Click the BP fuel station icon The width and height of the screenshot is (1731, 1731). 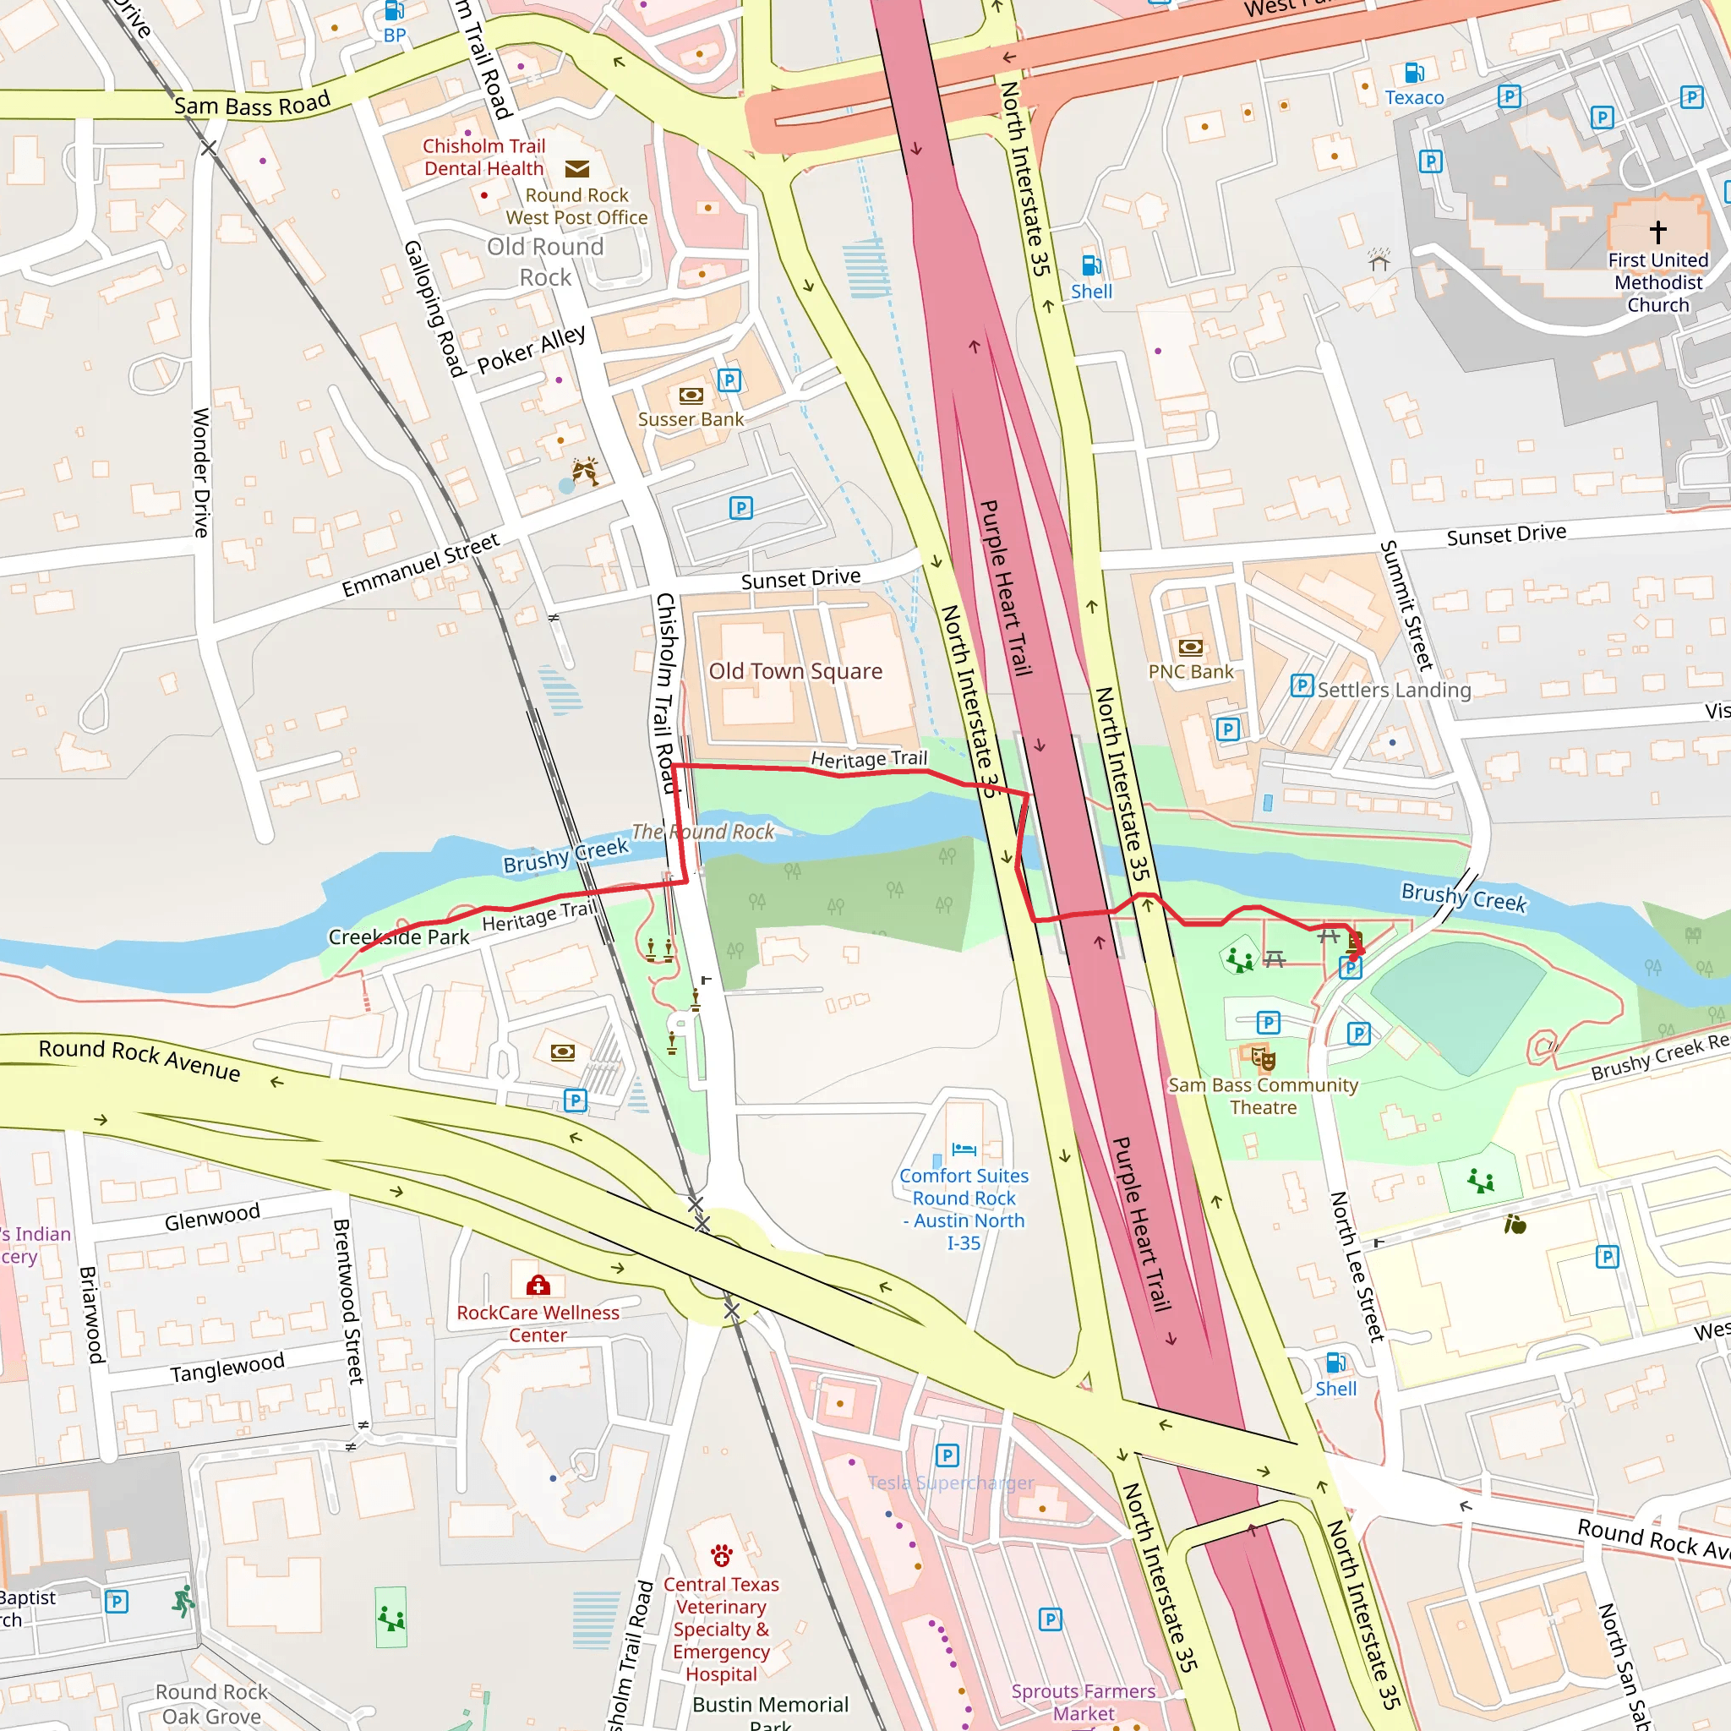(394, 11)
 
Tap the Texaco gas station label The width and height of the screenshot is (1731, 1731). (1414, 98)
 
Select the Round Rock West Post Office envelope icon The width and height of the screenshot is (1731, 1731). (577, 168)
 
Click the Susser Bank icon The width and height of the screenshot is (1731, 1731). (691, 395)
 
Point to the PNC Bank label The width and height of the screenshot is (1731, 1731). (1190, 671)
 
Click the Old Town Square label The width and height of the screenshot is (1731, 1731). (795, 671)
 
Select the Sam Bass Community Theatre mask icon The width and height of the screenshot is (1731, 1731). (1264, 1060)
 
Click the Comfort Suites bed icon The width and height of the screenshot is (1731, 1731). (964, 1149)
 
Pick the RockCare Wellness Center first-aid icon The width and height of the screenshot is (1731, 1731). (538, 1286)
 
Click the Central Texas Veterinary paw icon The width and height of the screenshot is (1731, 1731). (721, 1554)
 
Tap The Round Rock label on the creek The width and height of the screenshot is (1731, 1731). (702, 832)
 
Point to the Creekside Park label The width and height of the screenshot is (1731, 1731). (399, 937)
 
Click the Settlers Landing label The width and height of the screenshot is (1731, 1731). (1394, 690)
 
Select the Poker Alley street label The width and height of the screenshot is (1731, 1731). (532, 349)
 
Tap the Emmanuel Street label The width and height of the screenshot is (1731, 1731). (420, 565)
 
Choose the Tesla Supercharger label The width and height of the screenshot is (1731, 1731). (951, 1483)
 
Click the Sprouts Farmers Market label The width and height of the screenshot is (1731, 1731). (1084, 1701)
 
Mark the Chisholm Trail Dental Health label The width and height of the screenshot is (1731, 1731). (483, 157)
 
